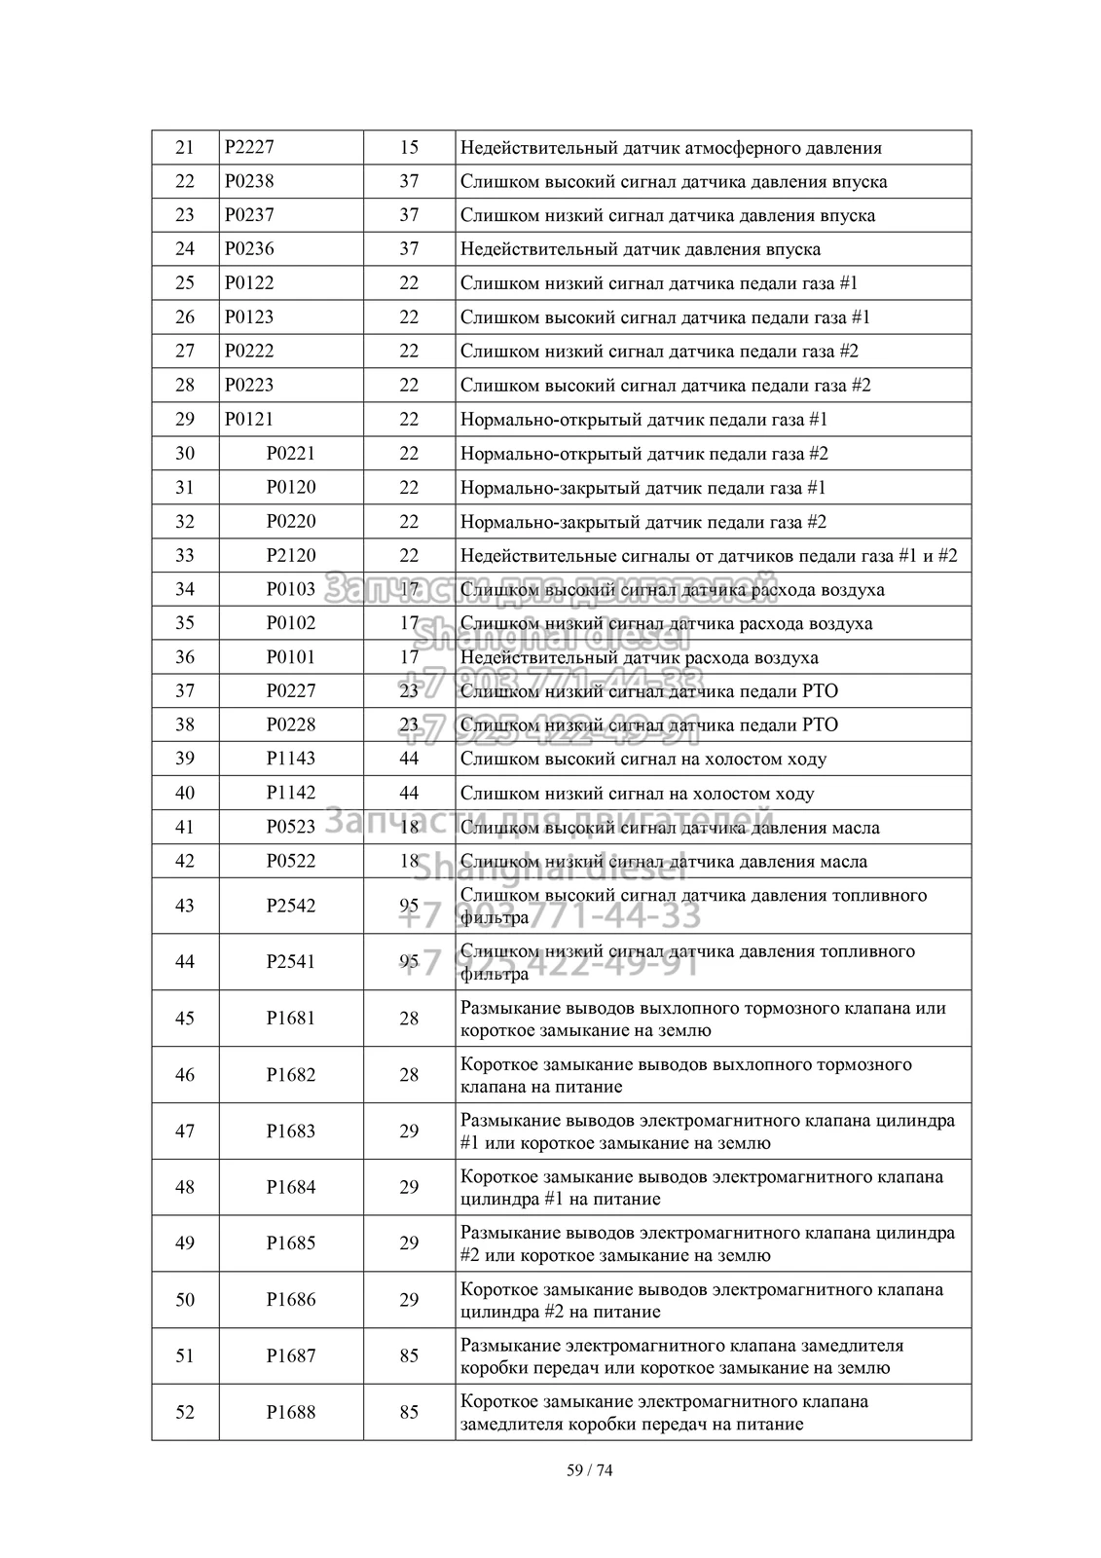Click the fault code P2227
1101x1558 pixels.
[249, 148]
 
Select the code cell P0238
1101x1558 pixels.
[249, 182]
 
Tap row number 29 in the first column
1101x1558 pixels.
[184, 420]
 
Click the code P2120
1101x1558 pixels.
[291, 555]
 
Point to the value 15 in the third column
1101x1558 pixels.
[409, 148]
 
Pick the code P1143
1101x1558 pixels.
[291, 759]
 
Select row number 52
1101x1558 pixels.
[184, 1412]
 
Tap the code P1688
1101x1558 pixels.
[291, 1412]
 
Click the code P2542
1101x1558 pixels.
[291, 906]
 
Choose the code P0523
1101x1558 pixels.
[291, 827]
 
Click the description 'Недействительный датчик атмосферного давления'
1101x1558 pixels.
[671, 148]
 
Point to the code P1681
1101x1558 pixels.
[291, 1019]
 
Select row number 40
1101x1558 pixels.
[184, 793]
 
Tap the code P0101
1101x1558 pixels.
[291, 657]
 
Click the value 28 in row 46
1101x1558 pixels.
[409, 1075]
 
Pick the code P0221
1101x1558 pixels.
[291, 454]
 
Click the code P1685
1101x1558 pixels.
[291, 1243]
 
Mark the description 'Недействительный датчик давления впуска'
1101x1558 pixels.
[640, 249]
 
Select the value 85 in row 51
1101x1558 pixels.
[409, 1355]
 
